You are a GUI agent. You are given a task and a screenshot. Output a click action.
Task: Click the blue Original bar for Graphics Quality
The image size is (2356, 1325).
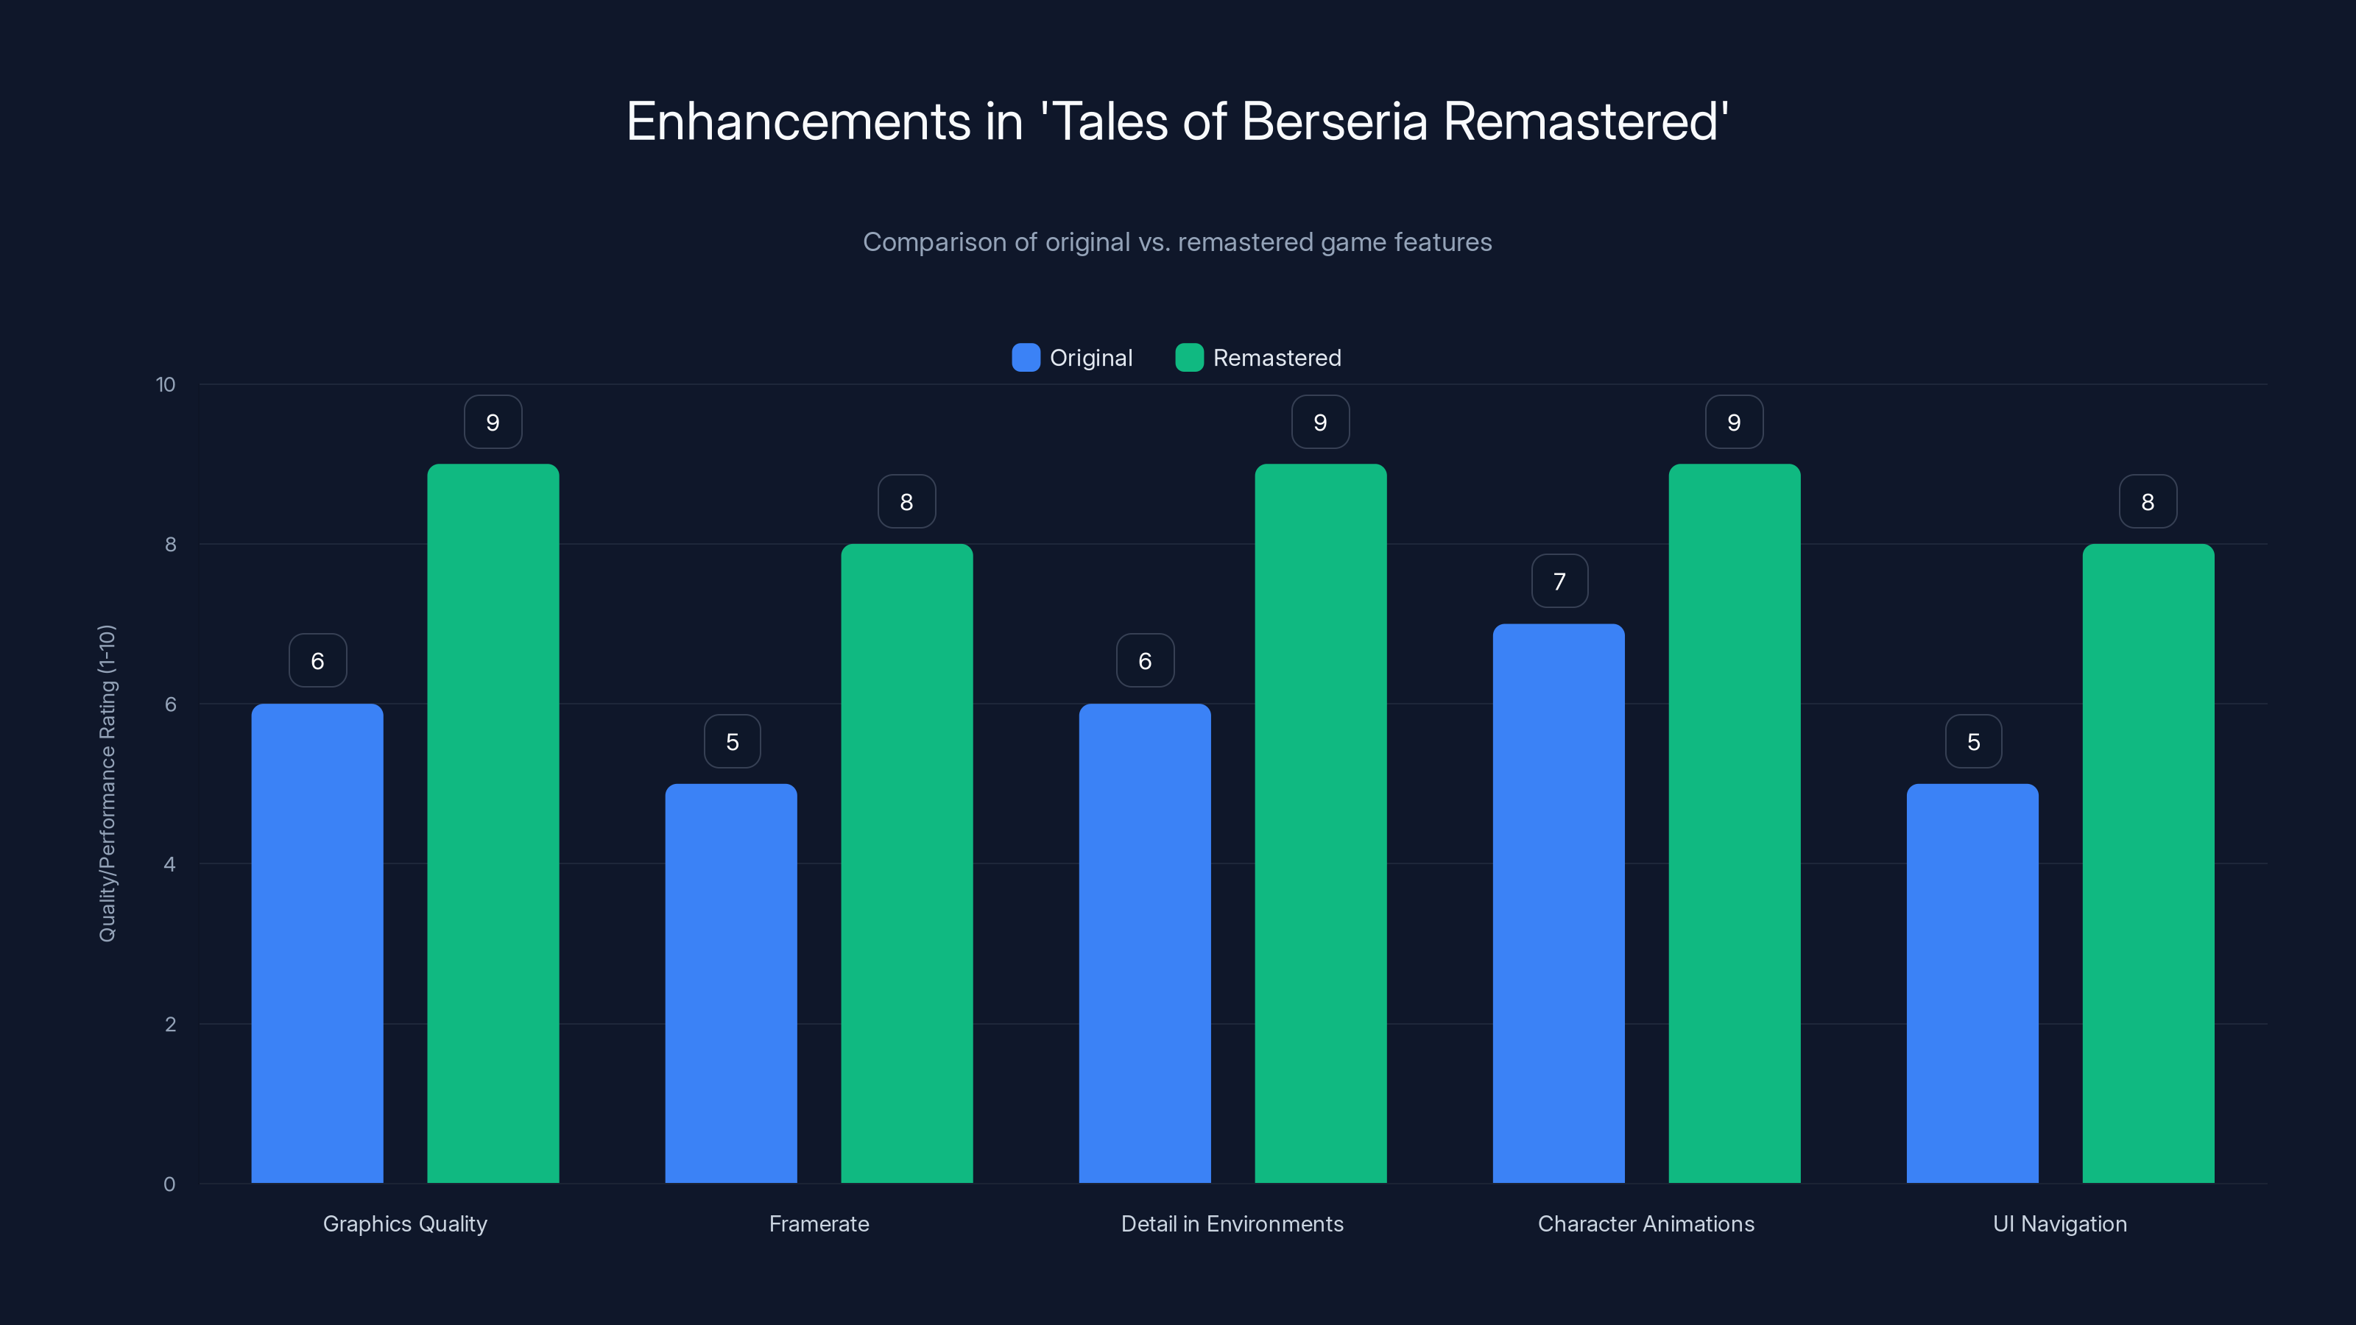317,943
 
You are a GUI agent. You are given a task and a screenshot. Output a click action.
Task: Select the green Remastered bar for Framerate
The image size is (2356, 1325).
906,863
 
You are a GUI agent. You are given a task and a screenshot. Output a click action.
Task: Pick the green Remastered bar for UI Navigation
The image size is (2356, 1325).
2148,863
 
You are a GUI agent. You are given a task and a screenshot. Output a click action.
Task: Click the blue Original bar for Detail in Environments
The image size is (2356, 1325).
1144,943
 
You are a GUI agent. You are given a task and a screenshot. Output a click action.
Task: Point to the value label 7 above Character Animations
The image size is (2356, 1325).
1559,582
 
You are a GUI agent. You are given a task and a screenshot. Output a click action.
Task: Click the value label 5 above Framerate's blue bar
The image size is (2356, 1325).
732,741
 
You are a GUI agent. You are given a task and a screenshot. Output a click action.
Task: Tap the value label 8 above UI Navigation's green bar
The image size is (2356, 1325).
2148,502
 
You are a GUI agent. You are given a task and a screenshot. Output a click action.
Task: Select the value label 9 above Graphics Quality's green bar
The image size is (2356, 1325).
493,423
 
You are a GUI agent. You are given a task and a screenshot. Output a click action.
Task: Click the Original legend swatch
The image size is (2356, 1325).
1026,358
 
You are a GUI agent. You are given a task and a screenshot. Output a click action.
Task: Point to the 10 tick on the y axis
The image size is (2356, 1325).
166,384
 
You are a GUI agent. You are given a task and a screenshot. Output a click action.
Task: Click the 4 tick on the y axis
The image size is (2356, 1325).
169,864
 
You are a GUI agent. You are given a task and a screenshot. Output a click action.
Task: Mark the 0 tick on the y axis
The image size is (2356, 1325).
169,1184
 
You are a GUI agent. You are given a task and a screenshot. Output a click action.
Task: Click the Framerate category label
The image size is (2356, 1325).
819,1223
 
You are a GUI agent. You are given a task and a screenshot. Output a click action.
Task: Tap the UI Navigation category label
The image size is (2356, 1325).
2060,1223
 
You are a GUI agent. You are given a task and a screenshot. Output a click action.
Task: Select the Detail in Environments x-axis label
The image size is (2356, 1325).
1232,1223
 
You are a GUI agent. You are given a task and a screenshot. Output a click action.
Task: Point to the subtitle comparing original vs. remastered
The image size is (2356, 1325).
1177,242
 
